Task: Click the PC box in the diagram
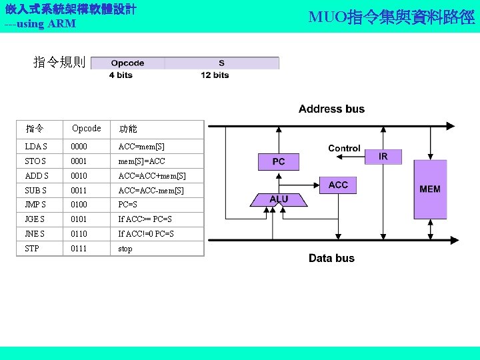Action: (x=279, y=161)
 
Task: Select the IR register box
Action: (x=383, y=156)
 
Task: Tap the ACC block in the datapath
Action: (x=338, y=185)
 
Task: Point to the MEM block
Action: (x=430, y=189)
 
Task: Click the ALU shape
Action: (x=279, y=199)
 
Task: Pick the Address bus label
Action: (x=331, y=109)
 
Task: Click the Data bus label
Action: (x=331, y=258)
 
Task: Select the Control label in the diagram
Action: (x=344, y=148)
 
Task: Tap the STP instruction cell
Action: (x=32, y=249)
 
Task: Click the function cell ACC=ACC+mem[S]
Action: (x=152, y=176)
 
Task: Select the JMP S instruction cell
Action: (x=36, y=205)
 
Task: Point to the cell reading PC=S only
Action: (x=127, y=205)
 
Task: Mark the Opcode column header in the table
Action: (x=87, y=128)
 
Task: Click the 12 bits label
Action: (x=215, y=75)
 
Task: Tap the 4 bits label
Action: (x=121, y=75)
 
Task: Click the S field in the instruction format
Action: (x=221, y=63)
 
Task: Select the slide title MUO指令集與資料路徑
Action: (x=392, y=17)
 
